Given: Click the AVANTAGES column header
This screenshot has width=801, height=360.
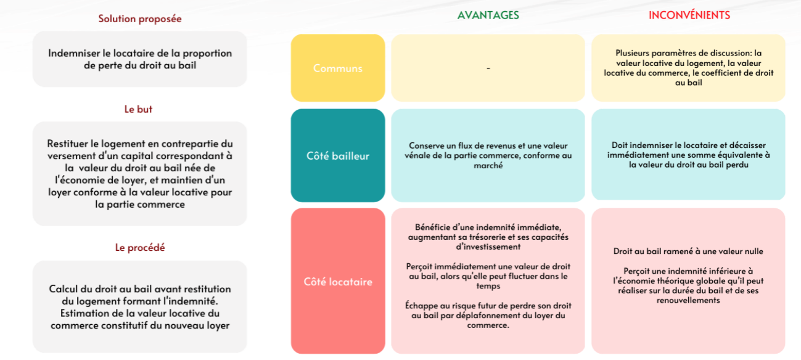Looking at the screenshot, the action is coord(488,15).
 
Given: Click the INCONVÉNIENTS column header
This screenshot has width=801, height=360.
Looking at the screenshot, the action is coord(689,15).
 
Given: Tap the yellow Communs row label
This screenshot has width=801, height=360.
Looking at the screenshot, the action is coord(337,68).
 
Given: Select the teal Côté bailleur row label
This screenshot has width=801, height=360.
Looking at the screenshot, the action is coord(337,155).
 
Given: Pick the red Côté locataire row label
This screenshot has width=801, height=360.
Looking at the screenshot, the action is coord(337,281).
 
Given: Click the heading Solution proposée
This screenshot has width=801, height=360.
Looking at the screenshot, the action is coord(140,18).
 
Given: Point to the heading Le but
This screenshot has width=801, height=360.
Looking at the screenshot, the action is coord(138,109).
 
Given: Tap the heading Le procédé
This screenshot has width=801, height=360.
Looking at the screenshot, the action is coord(140,247).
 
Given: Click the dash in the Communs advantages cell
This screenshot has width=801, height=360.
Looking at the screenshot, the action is coord(488,68).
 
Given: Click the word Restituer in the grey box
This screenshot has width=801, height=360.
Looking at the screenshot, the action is coord(68,144).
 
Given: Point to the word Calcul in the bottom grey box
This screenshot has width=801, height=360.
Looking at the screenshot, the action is coord(62,289).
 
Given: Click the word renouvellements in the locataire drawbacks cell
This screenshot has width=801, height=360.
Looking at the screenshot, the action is coord(688,300).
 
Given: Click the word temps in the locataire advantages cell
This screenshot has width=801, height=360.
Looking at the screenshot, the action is coord(488,287).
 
